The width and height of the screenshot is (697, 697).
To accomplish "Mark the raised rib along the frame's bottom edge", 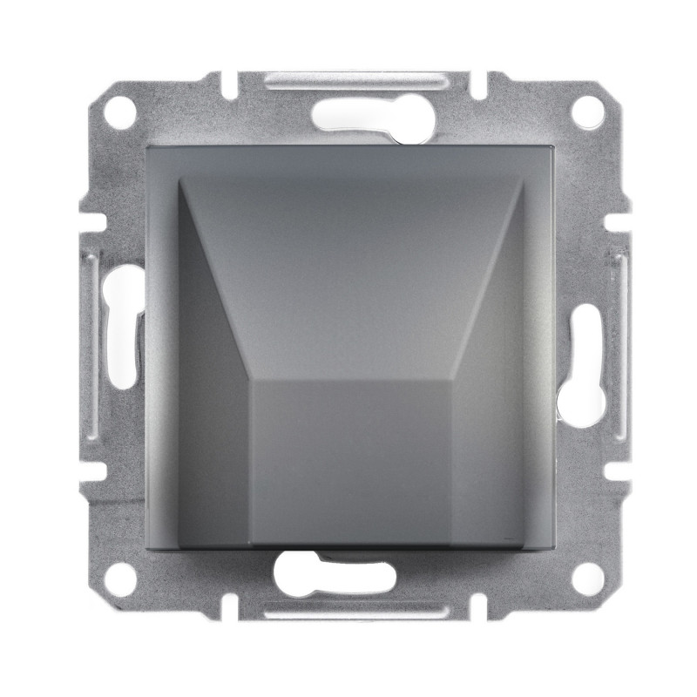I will (x=348, y=610).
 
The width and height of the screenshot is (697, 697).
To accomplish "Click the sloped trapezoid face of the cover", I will (x=348, y=261).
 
